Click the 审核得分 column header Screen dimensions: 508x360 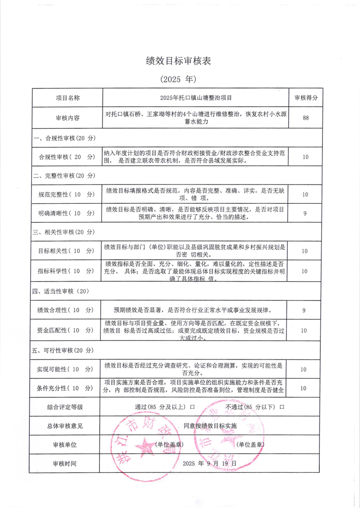tap(306, 98)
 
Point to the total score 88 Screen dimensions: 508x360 tap(306, 118)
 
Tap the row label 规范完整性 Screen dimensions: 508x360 tap(66, 194)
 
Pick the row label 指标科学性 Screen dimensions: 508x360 tap(66, 271)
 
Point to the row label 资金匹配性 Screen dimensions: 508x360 tap(66, 330)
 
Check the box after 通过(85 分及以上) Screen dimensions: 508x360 tap(192, 407)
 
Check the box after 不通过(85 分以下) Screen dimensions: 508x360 tap(282, 407)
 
